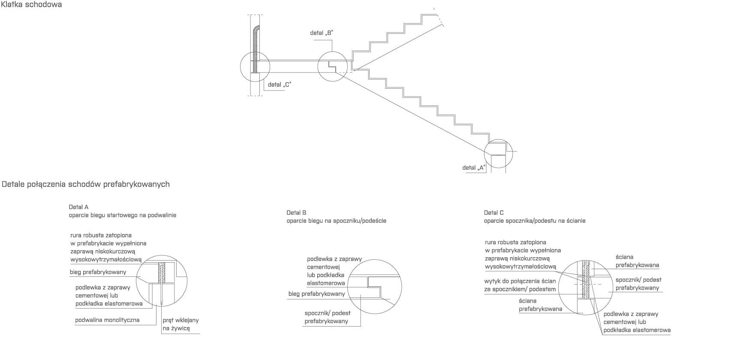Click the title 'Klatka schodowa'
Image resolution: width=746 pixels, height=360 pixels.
pos(32,5)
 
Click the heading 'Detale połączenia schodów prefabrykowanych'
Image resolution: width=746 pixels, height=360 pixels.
pos(86,184)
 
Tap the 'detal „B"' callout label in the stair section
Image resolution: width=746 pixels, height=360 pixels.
pos(322,33)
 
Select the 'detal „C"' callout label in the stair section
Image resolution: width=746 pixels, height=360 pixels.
pos(279,84)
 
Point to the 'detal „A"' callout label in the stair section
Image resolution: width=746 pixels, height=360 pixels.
pos(473,168)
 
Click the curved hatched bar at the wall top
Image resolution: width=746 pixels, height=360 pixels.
pos(256,47)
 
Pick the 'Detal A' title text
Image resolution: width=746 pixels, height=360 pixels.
pos(78,207)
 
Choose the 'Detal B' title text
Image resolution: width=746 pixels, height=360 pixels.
pos(296,213)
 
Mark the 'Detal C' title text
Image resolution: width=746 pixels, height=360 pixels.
pos(493,213)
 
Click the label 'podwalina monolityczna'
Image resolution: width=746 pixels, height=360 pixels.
pos(107,320)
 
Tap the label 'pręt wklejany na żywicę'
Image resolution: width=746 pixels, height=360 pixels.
pos(180,324)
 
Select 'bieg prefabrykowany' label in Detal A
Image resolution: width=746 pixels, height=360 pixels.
pos(98,272)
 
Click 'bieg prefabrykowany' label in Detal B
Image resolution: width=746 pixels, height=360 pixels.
pos(316,294)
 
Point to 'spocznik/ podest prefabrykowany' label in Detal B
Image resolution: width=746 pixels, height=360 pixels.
pos(327,317)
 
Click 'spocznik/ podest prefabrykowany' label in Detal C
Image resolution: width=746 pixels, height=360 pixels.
pos(638,284)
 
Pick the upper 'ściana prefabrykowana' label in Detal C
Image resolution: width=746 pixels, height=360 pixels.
pos(637,261)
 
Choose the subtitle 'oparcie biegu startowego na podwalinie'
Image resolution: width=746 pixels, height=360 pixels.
pos(122,215)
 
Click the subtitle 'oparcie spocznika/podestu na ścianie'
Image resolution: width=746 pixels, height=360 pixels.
pos(534,221)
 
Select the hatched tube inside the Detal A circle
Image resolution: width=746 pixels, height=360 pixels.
pos(162,273)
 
